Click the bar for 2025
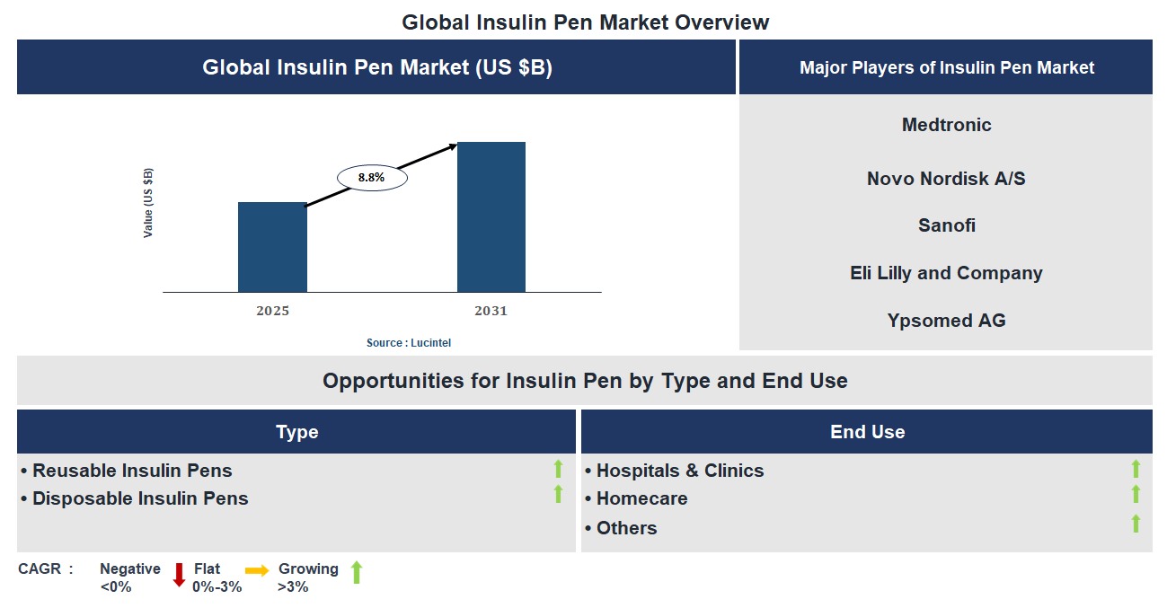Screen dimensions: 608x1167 click(x=272, y=247)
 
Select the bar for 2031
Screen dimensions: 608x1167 click(x=491, y=216)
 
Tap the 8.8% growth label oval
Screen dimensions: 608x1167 click(x=372, y=178)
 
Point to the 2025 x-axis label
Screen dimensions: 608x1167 click(x=272, y=312)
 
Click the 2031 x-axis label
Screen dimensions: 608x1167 click(x=491, y=312)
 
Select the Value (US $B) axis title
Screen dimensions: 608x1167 click(x=148, y=203)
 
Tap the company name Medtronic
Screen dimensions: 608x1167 click(x=946, y=125)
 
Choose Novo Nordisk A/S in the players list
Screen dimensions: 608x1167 click(x=946, y=179)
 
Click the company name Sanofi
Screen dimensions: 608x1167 click(x=946, y=225)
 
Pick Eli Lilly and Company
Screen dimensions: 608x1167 click(x=946, y=273)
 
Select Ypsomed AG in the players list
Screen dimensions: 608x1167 click(x=946, y=321)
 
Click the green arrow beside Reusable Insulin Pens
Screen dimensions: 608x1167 click(x=558, y=468)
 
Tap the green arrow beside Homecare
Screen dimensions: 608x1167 click(x=1136, y=494)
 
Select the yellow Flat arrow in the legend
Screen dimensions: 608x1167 click(x=257, y=570)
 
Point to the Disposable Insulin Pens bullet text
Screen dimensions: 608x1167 click(x=140, y=498)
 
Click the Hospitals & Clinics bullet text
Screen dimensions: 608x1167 click(x=680, y=471)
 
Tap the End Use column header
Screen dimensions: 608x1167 click(x=867, y=432)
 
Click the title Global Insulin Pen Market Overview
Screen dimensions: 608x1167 click(x=585, y=22)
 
